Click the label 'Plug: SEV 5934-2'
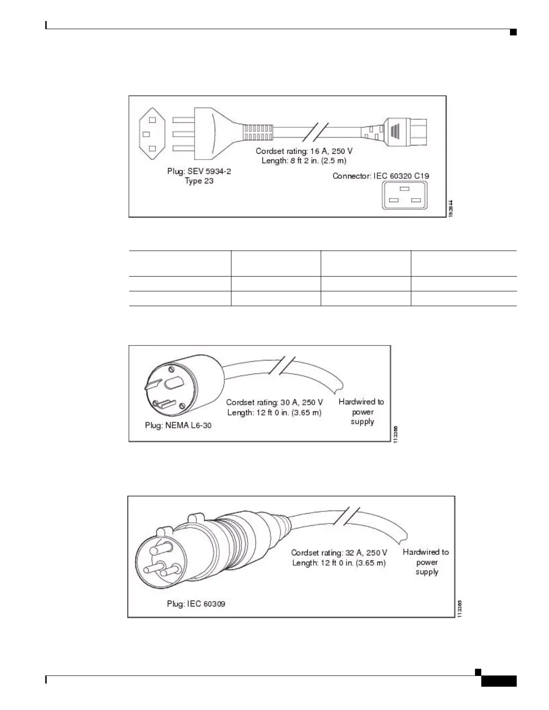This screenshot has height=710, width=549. pos(199,172)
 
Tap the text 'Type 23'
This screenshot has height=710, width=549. pos(199,181)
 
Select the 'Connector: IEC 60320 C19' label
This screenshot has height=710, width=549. pos(380,176)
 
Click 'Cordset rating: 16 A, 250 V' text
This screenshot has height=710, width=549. pos(304,152)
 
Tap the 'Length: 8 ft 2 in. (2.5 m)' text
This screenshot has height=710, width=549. pos(304,160)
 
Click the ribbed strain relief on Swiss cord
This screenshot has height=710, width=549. pos(258,132)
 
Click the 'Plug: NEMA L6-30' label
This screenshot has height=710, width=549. pos(178,425)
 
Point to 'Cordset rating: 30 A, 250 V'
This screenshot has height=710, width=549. pos(274,403)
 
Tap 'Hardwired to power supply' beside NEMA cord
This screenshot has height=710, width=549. pos(362,411)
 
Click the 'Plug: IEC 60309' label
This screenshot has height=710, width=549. pos(196,604)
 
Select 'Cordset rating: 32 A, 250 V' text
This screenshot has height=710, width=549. pos(339,553)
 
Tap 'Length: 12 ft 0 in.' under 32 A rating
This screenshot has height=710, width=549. pos(339,563)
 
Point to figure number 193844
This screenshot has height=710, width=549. pos(451,209)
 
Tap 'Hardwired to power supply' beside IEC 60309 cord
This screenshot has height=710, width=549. pos(426,562)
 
